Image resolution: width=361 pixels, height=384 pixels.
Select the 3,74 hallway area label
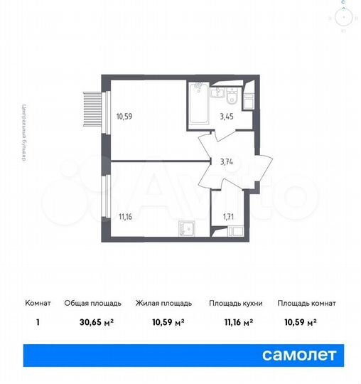(227, 161)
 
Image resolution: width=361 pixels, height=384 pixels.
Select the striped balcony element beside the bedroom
(91, 111)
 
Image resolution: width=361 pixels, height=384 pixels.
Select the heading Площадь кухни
(236, 303)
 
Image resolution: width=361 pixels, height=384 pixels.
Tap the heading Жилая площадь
(161, 303)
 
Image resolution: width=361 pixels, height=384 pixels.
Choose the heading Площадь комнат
(307, 303)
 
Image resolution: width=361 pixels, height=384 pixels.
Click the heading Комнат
(38, 303)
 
